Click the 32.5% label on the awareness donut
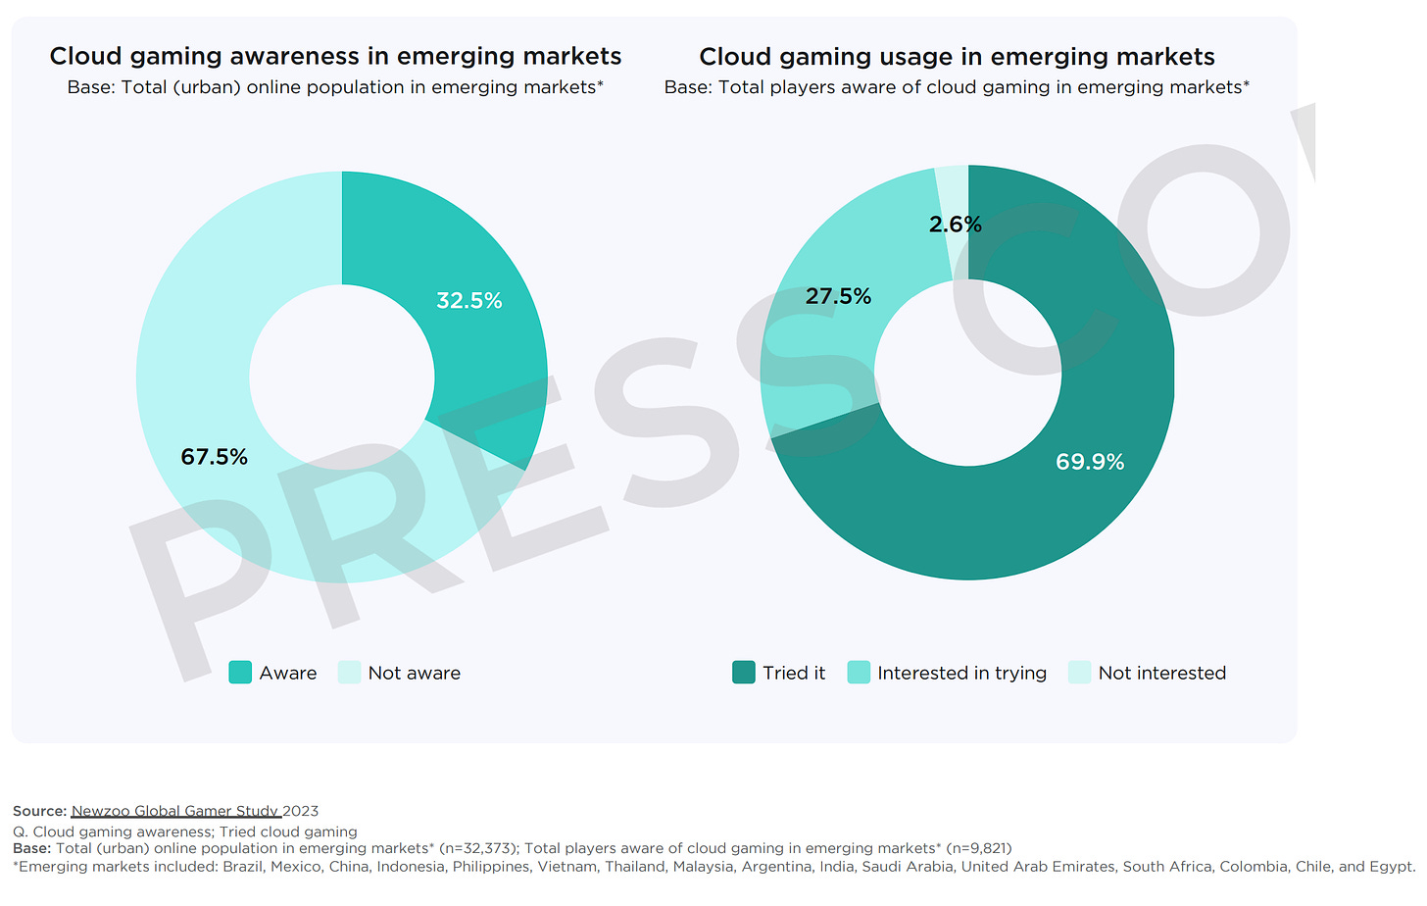pos(469,301)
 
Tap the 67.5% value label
pos(214,457)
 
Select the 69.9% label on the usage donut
pos(1090,462)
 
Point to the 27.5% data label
pos(838,296)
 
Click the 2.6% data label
pos(955,225)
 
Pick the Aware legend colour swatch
pos(240,673)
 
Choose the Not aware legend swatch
pos(349,673)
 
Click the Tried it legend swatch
pos(744,673)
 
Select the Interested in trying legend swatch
pos(859,673)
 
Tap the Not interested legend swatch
pos(1079,673)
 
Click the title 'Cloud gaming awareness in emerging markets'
pos(335,57)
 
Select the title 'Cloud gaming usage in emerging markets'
pos(957,57)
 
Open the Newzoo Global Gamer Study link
pos(175,811)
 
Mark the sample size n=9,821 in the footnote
pos(979,848)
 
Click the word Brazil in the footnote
pos(243,867)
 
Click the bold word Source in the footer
pos(38,811)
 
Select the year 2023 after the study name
pos(301,811)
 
